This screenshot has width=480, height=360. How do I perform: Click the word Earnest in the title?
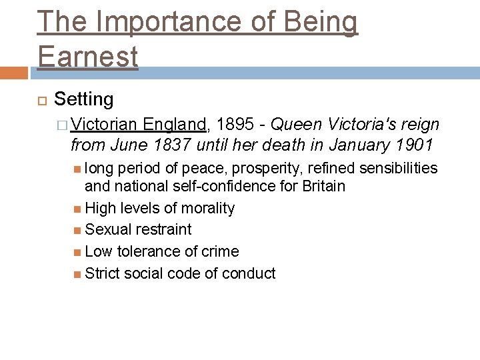click(88, 55)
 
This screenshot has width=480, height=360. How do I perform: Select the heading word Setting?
click(84, 100)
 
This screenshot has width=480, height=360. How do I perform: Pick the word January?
click(353, 145)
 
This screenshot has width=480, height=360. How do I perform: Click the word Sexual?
click(109, 229)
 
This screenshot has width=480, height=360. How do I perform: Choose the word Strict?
click(104, 273)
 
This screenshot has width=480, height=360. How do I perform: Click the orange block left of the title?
click(14, 73)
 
